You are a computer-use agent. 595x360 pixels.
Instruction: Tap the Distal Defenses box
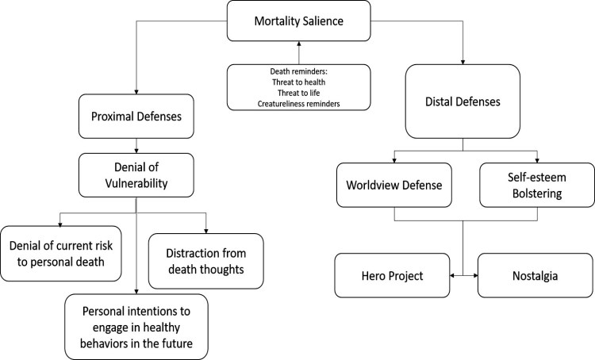(x=463, y=101)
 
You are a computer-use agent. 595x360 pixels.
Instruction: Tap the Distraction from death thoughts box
(x=205, y=259)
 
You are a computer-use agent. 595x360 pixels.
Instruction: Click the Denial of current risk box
(x=62, y=253)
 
